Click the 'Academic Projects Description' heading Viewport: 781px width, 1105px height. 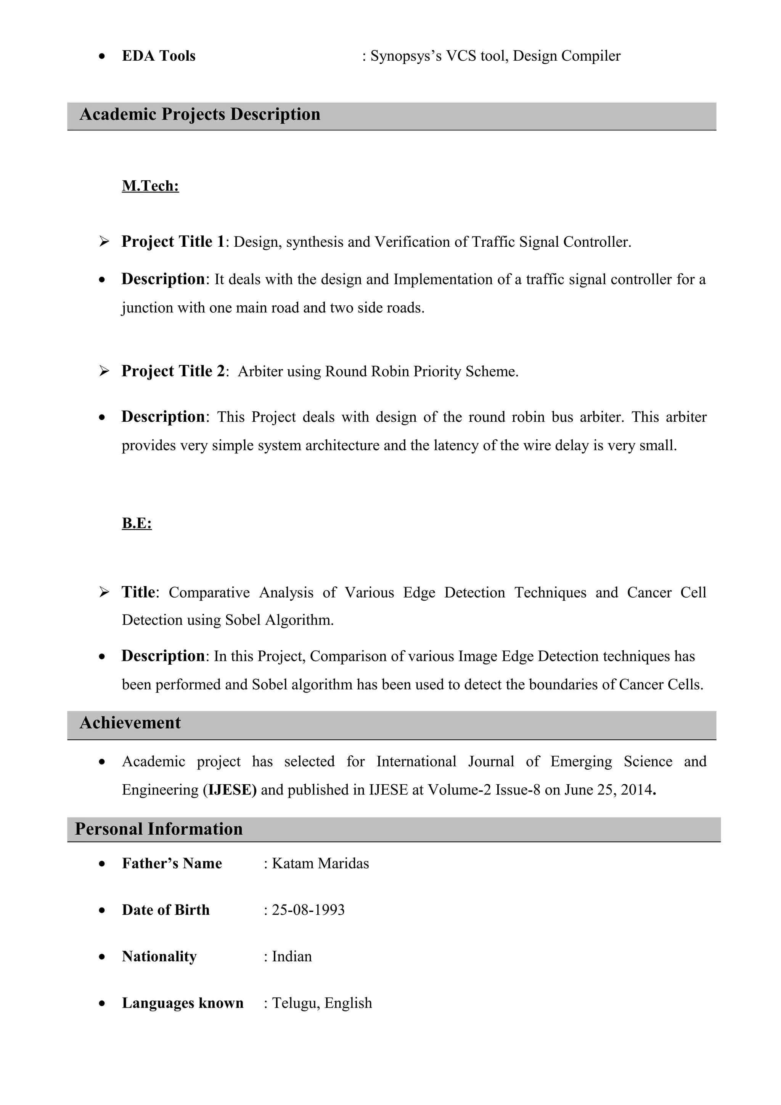(200, 114)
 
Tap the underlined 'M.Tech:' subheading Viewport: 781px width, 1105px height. (150, 186)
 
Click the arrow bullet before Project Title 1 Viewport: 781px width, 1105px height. (104, 242)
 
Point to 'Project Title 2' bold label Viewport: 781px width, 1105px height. (173, 371)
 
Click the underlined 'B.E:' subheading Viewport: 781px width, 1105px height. (137, 523)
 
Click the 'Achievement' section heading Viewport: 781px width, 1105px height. (130, 723)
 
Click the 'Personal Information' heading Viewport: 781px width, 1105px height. (158, 829)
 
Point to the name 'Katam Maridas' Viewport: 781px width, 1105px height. (320, 863)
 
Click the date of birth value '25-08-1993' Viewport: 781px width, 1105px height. (308, 910)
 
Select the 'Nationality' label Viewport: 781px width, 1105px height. (159, 956)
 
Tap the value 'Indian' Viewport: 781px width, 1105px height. (292, 956)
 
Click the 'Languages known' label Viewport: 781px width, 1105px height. (182, 1003)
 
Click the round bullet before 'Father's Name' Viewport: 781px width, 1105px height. (101, 864)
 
